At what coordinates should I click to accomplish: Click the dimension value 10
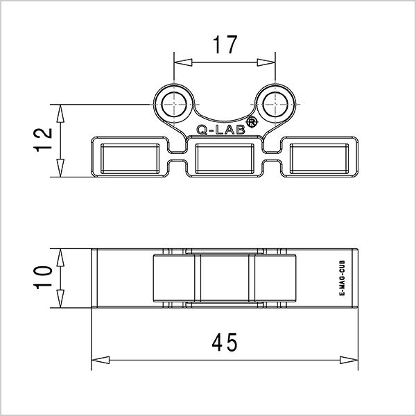[x=43, y=278]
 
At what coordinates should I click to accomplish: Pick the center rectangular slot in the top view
[x=225, y=158]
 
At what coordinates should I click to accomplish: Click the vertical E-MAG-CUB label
[x=342, y=279]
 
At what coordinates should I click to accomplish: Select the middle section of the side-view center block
[x=225, y=278]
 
